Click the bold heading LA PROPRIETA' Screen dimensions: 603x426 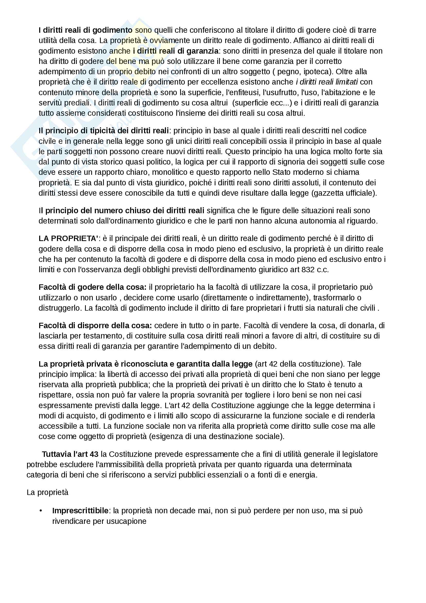point(68,238)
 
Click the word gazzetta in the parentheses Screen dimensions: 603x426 point(330,193)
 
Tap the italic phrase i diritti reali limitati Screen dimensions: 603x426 point(327,82)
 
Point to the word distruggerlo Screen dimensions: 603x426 point(60,308)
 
